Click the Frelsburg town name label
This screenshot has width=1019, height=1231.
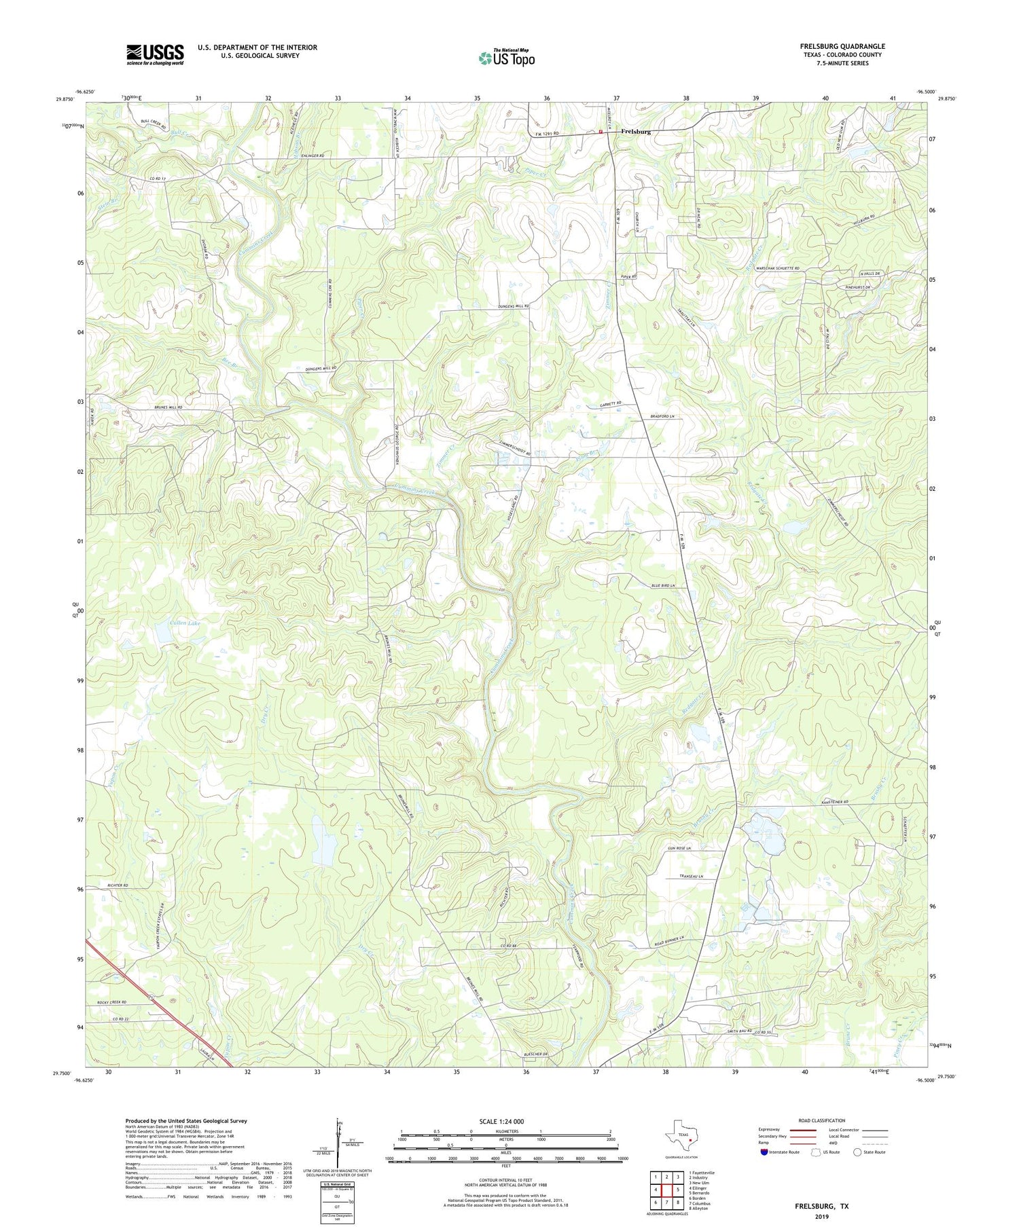tap(636, 132)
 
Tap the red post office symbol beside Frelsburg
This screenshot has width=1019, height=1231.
tap(601, 132)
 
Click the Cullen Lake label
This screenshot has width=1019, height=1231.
tap(185, 623)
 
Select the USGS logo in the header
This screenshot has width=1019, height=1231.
tap(155, 54)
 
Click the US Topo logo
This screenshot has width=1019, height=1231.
tap(506, 58)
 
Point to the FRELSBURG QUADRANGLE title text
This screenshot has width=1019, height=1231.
tap(842, 46)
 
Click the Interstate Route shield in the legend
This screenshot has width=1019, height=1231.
tap(764, 1152)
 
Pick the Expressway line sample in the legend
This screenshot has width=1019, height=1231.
tap(802, 1131)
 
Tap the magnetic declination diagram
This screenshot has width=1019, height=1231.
tap(338, 1141)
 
